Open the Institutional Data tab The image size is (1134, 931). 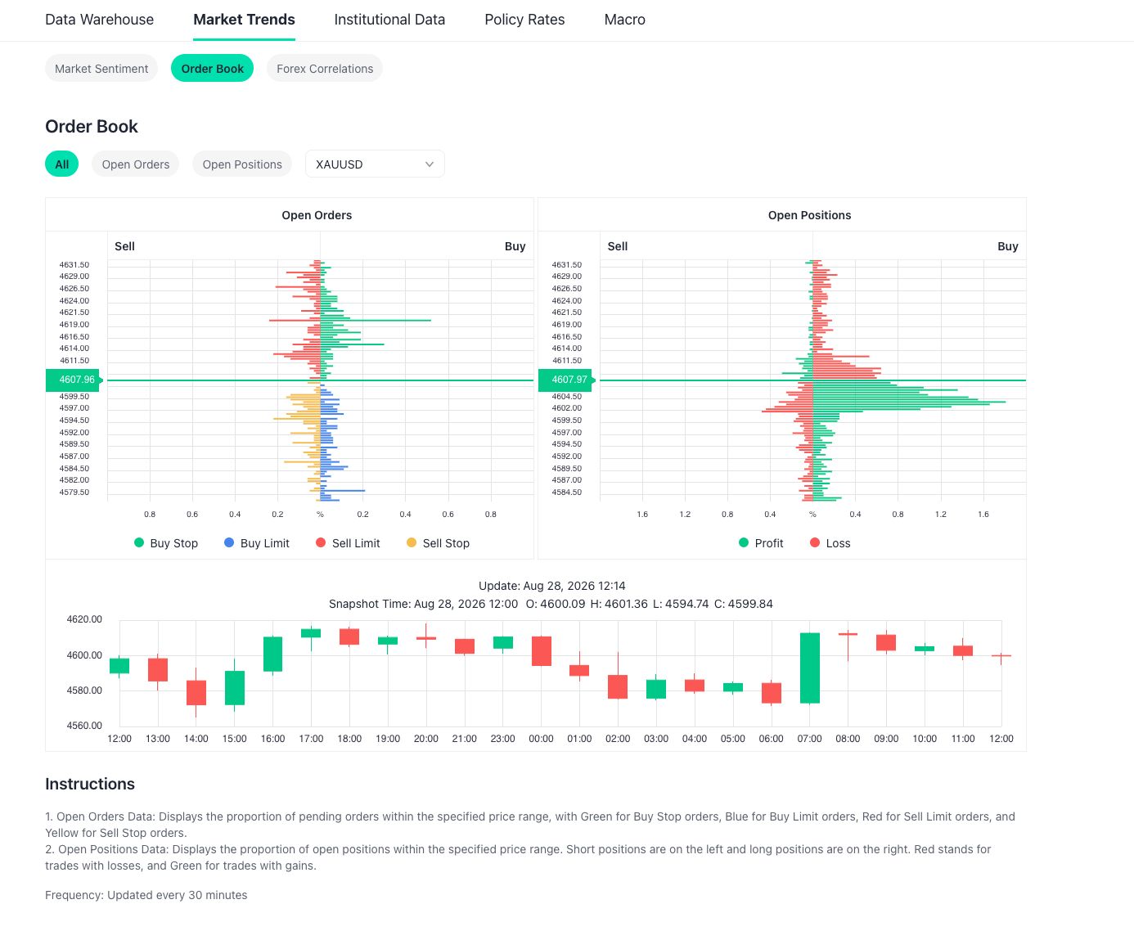click(x=389, y=20)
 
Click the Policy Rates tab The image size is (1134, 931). click(x=524, y=20)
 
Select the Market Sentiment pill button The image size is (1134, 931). click(x=101, y=68)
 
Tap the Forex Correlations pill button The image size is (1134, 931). click(x=325, y=68)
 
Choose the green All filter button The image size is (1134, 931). click(x=62, y=164)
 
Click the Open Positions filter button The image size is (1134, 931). click(x=242, y=164)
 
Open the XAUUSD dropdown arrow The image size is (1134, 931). click(x=429, y=164)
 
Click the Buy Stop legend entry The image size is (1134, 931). click(x=166, y=543)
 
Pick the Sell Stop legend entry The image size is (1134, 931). click(x=439, y=543)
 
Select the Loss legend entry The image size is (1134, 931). click(x=830, y=543)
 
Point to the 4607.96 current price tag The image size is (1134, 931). click(x=74, y=380)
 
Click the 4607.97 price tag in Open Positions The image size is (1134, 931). click(x=567, y=380)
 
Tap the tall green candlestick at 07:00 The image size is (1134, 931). click(x=810, y=668)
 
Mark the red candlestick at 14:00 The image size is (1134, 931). click(x=196, y=692)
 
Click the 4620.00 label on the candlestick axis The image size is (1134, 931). click(x=84, y=619)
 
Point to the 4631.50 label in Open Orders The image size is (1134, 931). click(x=74, y=264)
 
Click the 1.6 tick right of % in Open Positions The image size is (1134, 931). click(x=983, y=515)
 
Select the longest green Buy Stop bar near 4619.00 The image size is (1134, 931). click(x=376, y=321)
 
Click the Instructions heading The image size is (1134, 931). click(x=90, y=784)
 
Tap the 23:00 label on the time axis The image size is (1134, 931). click(x=502, y=739)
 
